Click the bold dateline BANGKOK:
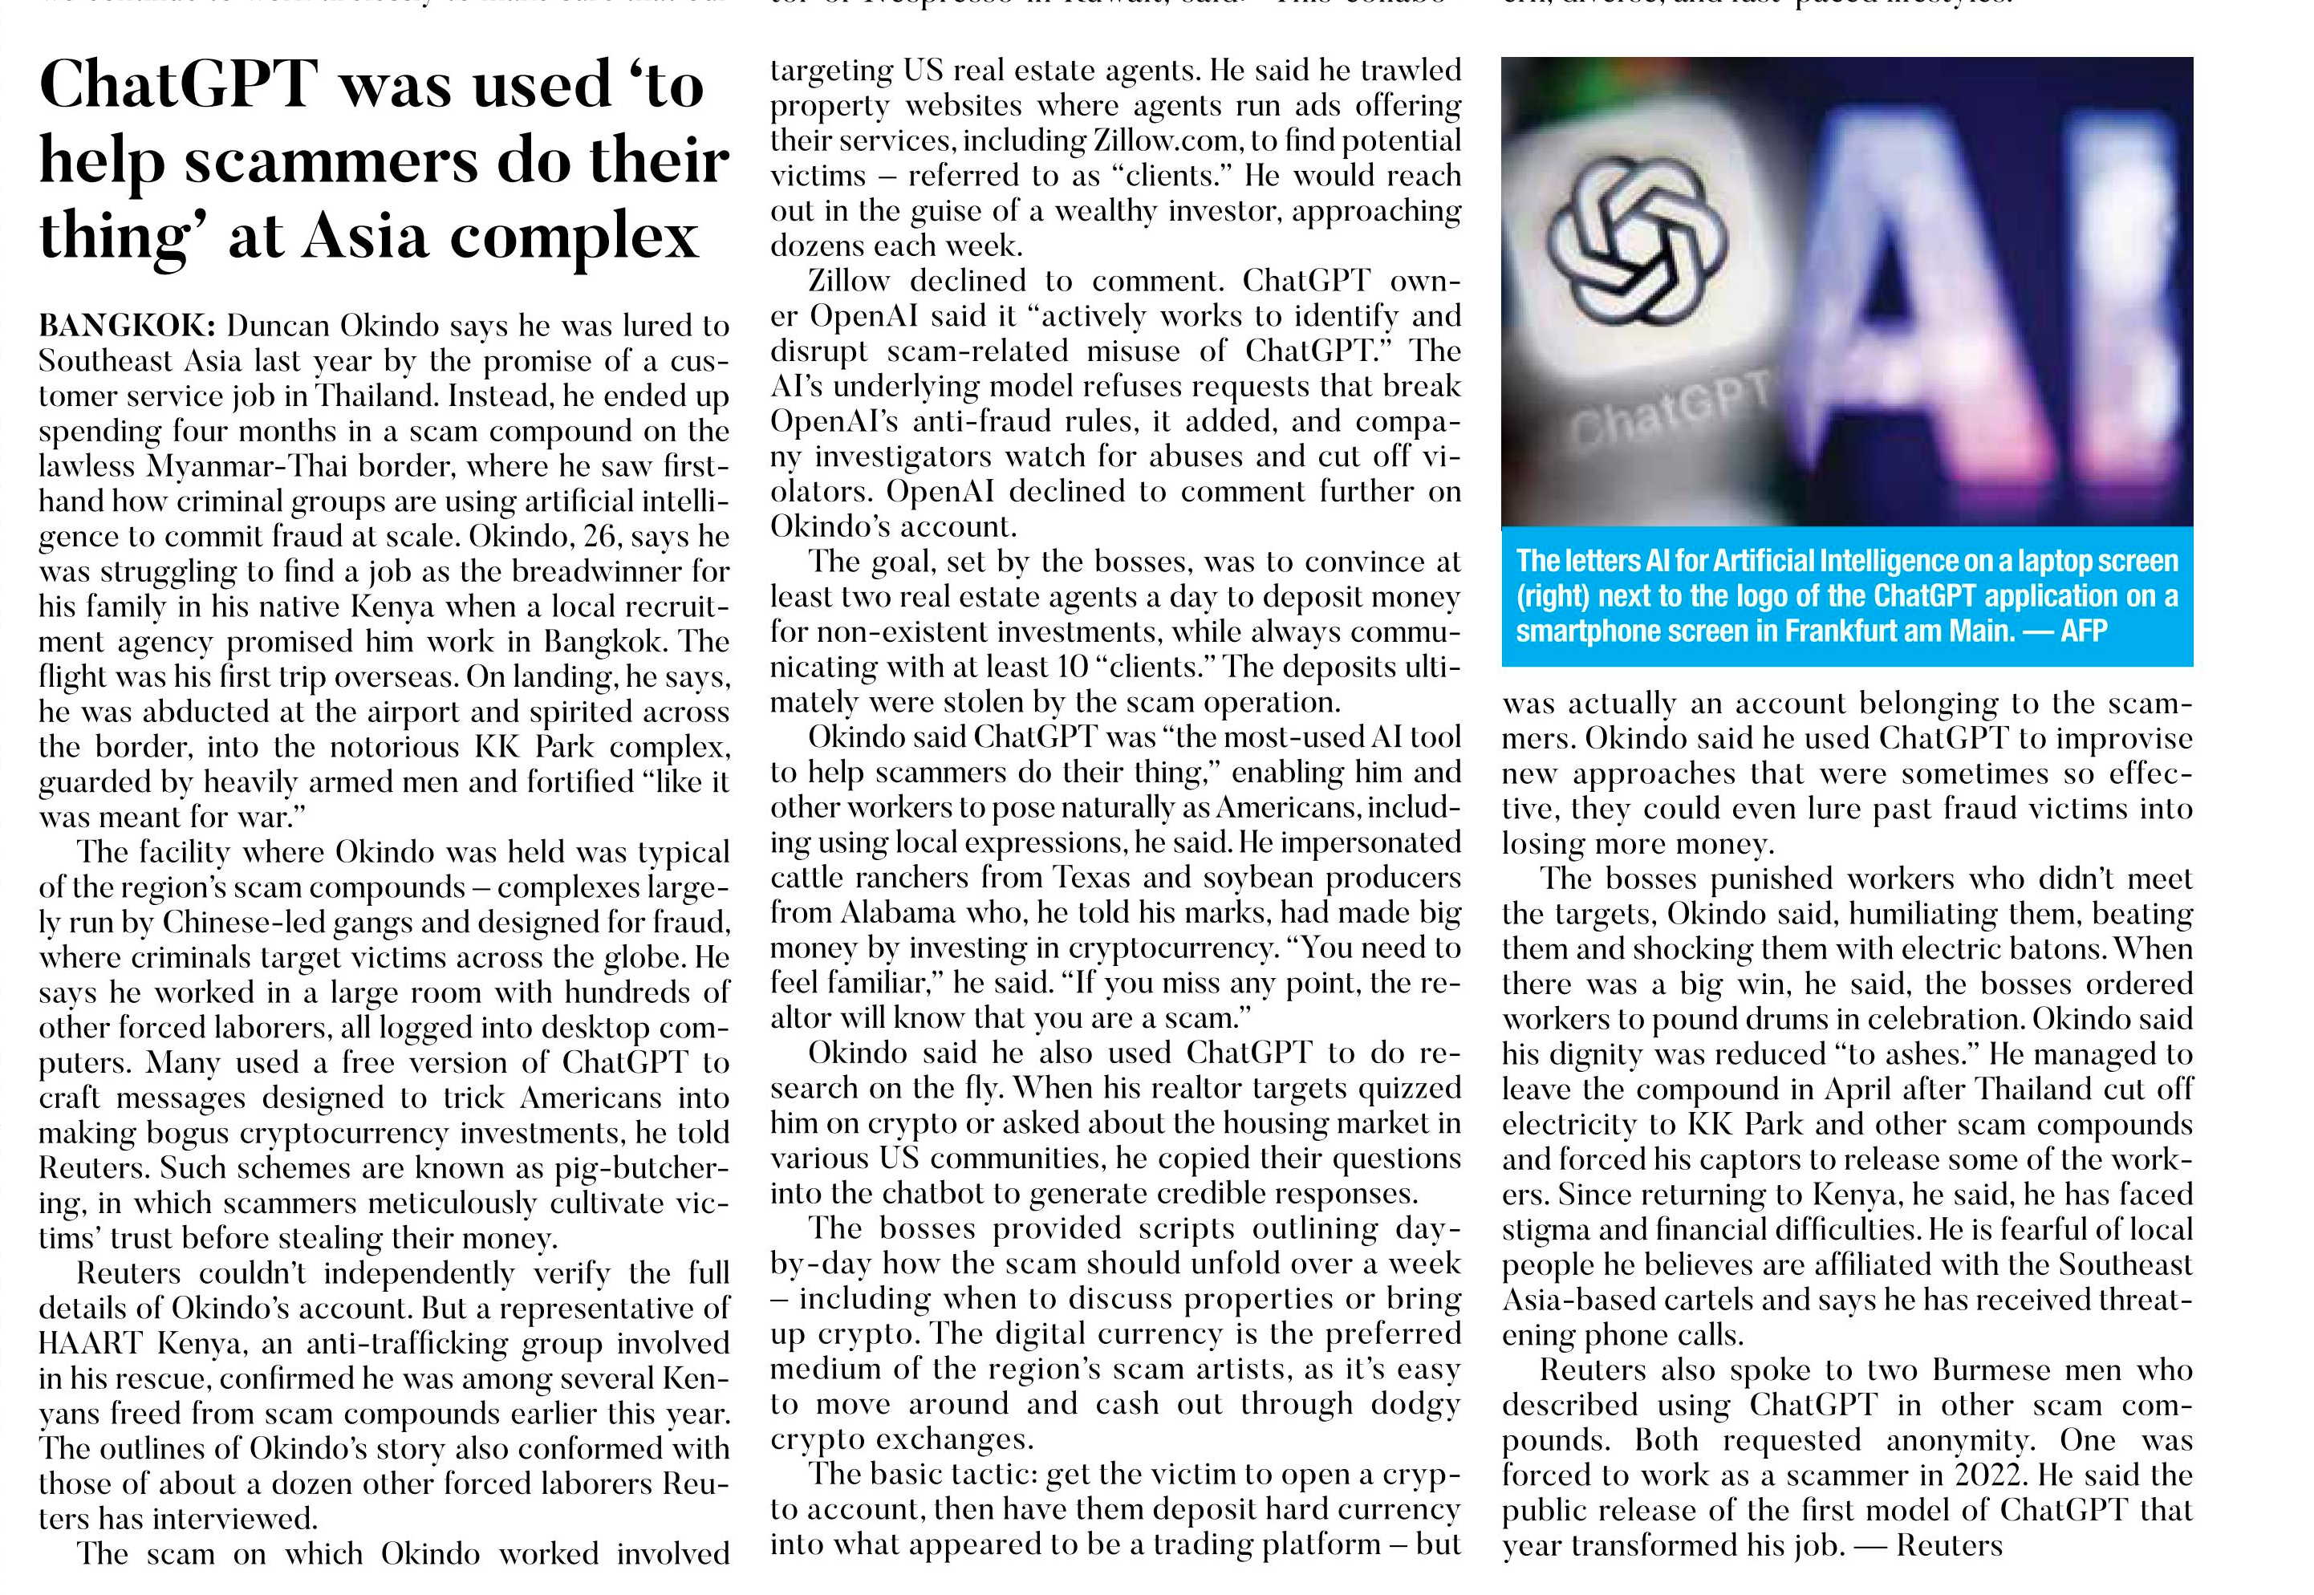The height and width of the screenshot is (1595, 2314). point(126,326)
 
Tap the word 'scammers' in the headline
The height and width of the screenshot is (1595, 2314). point(330,161)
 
